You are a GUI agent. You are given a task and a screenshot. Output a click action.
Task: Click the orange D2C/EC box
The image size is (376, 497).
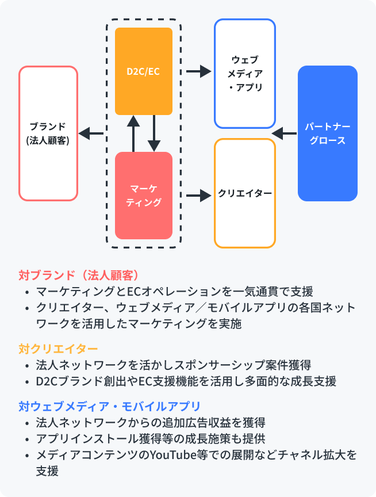144,71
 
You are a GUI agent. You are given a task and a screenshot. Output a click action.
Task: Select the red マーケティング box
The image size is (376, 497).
144,196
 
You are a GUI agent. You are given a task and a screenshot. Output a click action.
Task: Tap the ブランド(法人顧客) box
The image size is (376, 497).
48,133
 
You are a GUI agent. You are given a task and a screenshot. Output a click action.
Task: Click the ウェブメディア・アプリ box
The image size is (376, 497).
245,74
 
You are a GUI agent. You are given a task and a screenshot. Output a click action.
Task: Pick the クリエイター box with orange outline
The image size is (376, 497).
245,193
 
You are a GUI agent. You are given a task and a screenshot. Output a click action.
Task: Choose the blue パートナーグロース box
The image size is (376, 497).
328,133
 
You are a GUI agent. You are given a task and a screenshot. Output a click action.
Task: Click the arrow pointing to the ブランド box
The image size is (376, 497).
91,134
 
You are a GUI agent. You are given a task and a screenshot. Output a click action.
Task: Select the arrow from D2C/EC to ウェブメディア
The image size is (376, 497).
198,71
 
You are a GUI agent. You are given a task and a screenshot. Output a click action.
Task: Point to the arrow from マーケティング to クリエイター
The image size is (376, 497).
198,196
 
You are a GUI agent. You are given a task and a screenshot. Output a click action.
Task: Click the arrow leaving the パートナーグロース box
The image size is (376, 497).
284,134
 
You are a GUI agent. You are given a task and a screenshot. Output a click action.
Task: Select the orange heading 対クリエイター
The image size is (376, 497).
58,349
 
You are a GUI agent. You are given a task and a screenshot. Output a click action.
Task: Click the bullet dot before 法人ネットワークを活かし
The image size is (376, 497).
27,365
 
